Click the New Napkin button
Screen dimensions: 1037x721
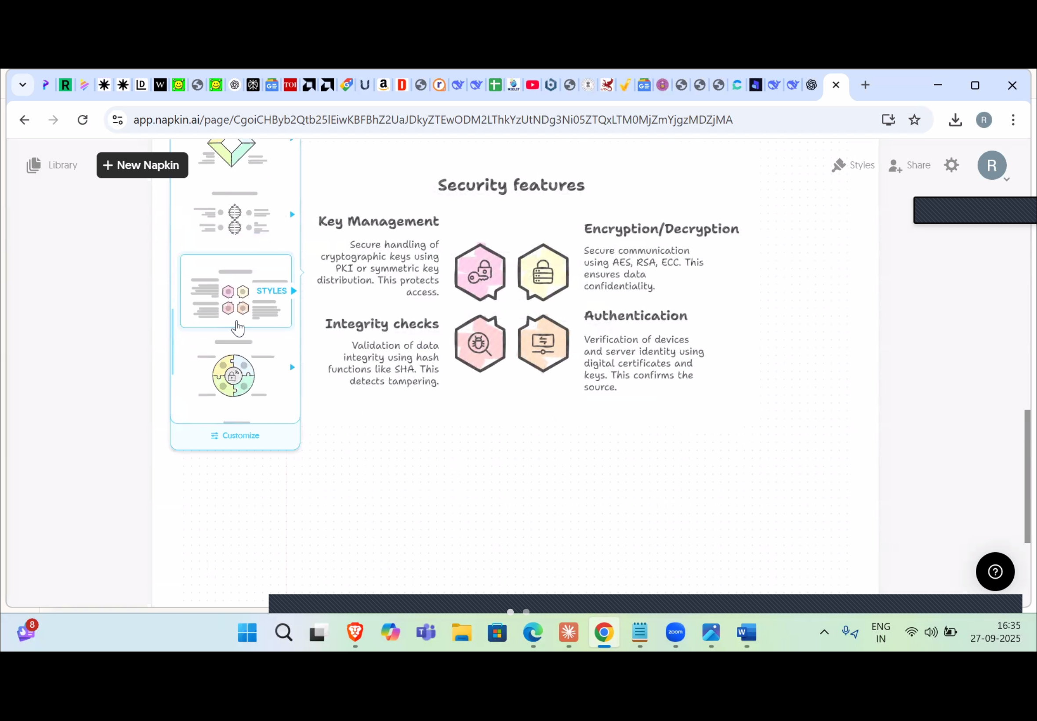click(142, 165)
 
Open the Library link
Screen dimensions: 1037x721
click(52, 165)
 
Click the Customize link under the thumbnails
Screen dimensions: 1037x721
click(235, 436)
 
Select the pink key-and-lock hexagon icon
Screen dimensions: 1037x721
click(480, 273)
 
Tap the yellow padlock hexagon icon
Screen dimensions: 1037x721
click(543, 273)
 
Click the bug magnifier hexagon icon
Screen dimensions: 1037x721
click(480, 344)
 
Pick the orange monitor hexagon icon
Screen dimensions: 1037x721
click(543, 344)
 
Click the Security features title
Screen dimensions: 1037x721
click(511, 185)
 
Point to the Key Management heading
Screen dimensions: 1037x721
click(378, 222)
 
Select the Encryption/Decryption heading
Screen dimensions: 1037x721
click(661, 229)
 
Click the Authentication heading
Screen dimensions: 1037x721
click(636, 316)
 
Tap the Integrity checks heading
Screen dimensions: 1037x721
click(382, 324)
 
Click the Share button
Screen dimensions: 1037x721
click(909, 165)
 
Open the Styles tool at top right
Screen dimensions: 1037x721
click(853, 165)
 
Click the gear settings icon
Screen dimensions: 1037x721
click(952, 165)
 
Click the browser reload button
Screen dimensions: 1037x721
click(83, 120)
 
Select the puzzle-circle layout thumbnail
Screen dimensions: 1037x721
click(233, 375)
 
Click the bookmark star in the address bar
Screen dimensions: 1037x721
click(915, 120)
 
